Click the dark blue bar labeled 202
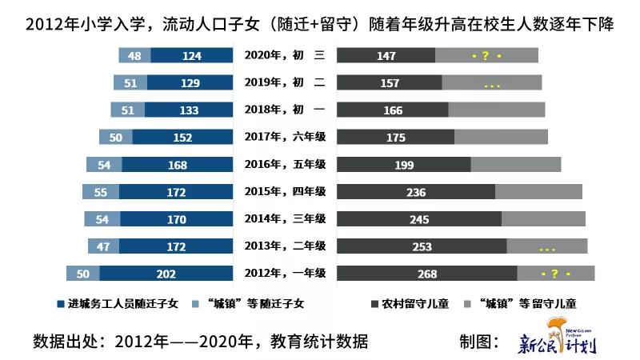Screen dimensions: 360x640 click(x=166, y=274)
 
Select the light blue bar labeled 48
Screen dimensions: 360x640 click(x=134, y=56)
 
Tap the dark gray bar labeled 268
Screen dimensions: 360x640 click(x=426, y=274)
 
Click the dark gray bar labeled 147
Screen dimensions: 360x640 click(x=386, y=56)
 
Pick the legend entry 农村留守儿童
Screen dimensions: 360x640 click(x=409, y=305)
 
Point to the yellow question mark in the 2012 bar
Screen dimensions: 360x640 click(x=555, y=274)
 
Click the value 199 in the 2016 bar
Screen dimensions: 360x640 click(x=403, y=166)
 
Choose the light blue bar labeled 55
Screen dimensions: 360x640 click(x=100, y=193)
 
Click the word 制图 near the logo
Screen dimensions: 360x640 click(x=478, y=342)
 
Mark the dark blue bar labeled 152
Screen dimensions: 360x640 click(x=182, y=138)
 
